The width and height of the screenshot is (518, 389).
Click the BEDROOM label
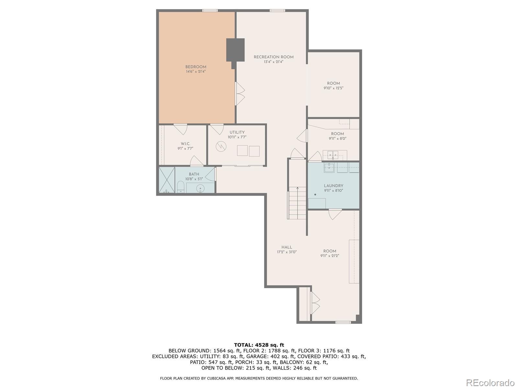[x=196, y=67]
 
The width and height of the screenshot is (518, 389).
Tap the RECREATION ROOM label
[x=274, y=57]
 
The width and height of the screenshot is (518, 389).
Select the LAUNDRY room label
[x=333, y=186]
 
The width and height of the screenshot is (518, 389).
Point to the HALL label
[x=287, y=247]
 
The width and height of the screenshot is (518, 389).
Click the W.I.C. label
[x=186, y=144]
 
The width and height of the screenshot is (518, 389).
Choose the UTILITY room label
[x=237, y=132]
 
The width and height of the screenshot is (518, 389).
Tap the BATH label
[x=194, y=174]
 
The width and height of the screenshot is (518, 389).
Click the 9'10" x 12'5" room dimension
[x=333, y=88]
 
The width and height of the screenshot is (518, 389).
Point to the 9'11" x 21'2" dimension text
[x=330, y=255]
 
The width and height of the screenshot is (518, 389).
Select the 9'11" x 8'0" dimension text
[x=337, y=138]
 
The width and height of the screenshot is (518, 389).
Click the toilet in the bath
[x=181, y=187]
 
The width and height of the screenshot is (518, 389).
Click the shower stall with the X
[x=167, y=180]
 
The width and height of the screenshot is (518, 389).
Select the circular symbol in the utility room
[x=221, y=147]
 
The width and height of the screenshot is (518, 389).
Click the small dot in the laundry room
[x=315, y=194]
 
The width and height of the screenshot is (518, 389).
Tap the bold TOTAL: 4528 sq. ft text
[x=259, y=345]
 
